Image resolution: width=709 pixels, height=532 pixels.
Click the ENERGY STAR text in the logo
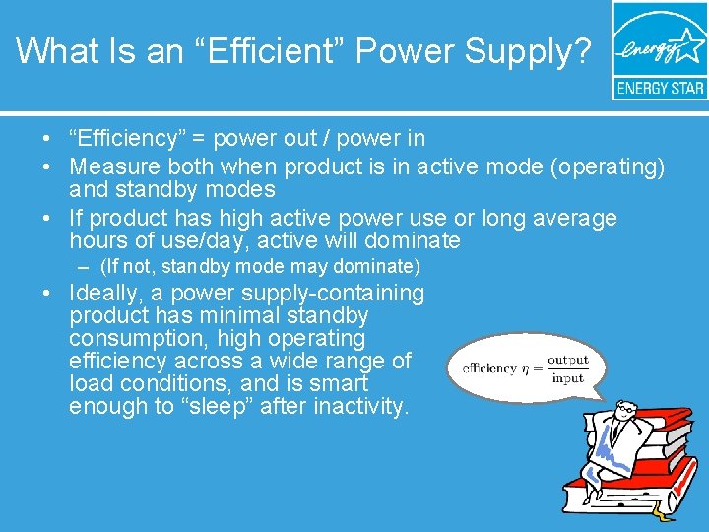point(659,88)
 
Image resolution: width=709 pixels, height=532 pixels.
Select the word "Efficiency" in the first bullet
point(140,139)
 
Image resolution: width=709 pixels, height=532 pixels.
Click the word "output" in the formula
point(567,361)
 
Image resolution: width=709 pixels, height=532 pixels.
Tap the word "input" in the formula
point(567,377)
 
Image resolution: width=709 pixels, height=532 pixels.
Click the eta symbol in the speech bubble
point(525,369)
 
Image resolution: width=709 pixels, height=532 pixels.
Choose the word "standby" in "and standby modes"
point(152,188)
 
